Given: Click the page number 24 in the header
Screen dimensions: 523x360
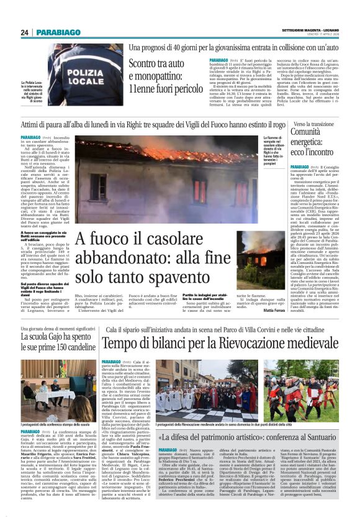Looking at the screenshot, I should pos(25,32).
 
